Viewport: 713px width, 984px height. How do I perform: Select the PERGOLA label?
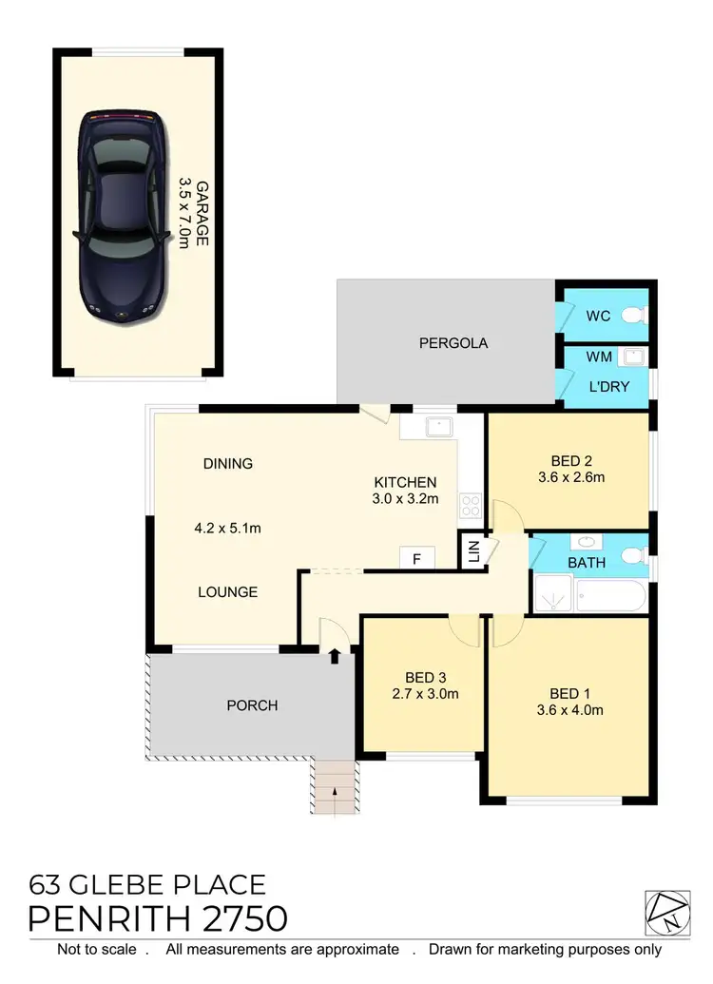pos(453,343)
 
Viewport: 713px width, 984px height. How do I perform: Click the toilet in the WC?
pos(631,315)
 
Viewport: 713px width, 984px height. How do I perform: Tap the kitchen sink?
pos(440,426)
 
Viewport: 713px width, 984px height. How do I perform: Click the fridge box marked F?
pos(416,558)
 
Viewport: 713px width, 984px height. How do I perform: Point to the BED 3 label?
pos(425,677)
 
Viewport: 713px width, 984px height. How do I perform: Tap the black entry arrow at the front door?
pos(335,654)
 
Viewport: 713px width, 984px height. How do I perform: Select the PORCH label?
pos(253,705)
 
